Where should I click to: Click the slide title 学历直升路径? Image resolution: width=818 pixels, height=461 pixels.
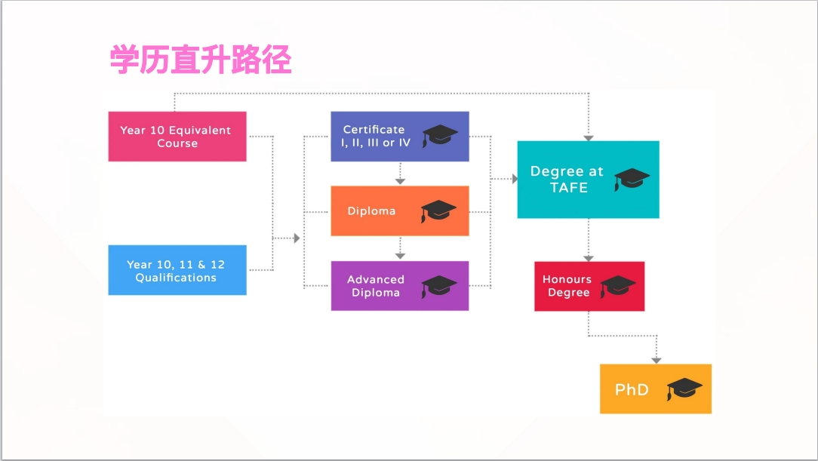201,60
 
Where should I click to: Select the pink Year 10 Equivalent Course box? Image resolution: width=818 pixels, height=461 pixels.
177,137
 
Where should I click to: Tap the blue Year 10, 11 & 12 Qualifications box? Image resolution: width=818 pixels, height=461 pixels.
177,270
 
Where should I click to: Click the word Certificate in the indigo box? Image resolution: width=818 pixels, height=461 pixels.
374,130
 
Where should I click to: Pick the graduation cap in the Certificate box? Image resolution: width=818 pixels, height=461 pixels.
440,137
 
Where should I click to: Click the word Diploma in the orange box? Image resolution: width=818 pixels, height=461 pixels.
371,211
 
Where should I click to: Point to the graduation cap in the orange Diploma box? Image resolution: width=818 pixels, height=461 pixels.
439,211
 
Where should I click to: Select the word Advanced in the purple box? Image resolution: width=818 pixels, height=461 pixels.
376,279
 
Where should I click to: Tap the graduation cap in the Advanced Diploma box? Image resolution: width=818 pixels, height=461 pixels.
439,286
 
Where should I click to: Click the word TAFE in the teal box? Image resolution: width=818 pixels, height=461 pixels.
568,188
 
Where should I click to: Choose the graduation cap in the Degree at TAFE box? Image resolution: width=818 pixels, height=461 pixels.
632,180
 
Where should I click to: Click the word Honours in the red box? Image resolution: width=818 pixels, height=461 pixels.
567,279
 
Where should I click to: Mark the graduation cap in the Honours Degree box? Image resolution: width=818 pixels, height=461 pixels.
618,286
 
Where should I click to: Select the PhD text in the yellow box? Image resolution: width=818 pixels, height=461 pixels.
632,390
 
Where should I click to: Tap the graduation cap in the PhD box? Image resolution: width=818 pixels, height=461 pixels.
684,389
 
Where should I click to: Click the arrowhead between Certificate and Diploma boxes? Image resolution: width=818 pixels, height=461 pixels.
400,181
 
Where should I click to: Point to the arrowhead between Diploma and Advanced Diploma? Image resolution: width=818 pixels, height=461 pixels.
400,257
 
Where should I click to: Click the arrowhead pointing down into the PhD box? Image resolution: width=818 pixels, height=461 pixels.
656,359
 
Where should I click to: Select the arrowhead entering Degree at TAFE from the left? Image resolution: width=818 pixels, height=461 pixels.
514,180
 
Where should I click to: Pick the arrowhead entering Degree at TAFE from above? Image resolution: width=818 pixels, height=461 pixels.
589,137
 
